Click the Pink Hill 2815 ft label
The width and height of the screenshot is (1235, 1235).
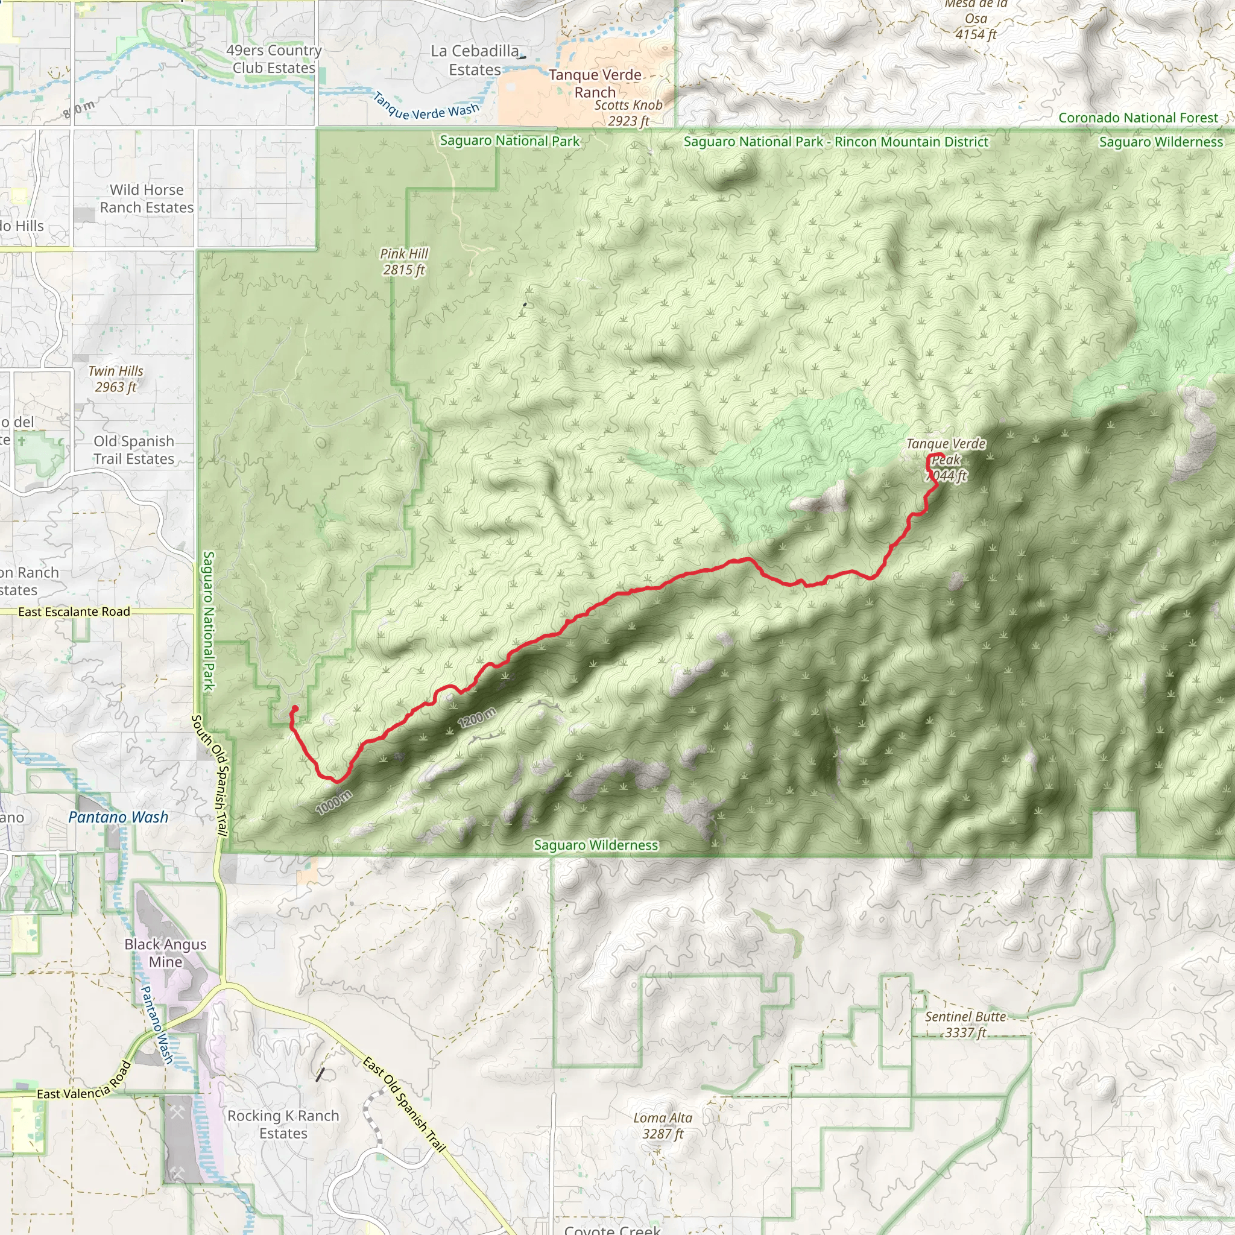pyautogui.click(x=404, y=262)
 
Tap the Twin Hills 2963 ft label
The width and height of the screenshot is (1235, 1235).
pyautogui.click(x=116, y=379)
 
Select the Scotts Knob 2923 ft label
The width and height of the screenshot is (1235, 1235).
pyautogui.click(x=628, y=113)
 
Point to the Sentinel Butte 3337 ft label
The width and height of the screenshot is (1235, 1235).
pyautogui.click(x=965, y=1025)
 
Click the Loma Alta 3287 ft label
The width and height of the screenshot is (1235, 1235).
pyautogui.click(x=663, y=1126)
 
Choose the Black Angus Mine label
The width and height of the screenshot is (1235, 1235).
pyautogui.click(x=166, y=953)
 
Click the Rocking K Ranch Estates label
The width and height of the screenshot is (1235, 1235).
pyautogui.click(x=283, y=1125)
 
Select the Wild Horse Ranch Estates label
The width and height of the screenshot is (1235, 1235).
pyautogui.click(x=147, y=199)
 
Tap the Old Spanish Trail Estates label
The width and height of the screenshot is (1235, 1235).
pyautogui.click(x=134, y=450)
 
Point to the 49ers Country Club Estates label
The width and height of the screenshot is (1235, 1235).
pyautogui.click(x=274, y=59)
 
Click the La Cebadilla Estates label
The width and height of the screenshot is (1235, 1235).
pyautogui.click(x=475, y=60)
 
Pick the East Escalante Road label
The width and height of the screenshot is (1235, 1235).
pyautogui.click(x=74, y=611)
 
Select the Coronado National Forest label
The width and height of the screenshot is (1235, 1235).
pyautogui.click(x=1138, y=118)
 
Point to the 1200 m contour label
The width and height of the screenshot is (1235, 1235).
pyautogui.click(x=477, y=718)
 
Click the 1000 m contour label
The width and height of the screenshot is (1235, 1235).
pyautogui.click(x=333, y=802)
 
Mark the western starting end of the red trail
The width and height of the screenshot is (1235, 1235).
pyautogui.click(x=295, y=709)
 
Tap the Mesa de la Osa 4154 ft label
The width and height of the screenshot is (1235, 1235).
pyautogui.click(x=976, y=19)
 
